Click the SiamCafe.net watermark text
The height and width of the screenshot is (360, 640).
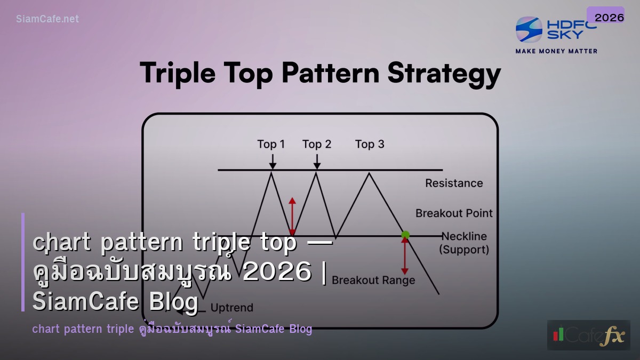47,19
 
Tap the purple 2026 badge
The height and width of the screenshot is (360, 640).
609,17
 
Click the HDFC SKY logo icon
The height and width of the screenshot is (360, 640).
529,30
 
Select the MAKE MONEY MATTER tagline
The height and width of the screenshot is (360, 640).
556,51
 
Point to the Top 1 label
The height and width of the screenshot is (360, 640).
271,144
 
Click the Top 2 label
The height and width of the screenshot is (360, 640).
317,144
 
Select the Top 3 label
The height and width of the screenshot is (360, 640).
370,144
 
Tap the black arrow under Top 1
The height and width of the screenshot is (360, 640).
273,161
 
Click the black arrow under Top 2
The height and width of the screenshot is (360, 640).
317,161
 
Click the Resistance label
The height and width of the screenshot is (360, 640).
454,183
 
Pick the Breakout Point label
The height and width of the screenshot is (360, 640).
454,213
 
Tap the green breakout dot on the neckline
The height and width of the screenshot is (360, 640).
405,235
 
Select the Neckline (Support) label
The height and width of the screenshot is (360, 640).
463,243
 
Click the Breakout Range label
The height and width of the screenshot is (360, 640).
373,280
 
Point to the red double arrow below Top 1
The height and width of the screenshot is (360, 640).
292,216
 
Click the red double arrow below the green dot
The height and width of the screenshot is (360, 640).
405,256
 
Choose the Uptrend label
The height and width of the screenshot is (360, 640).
231,308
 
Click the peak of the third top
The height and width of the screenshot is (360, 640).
368,173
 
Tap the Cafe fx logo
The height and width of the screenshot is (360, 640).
588,335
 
